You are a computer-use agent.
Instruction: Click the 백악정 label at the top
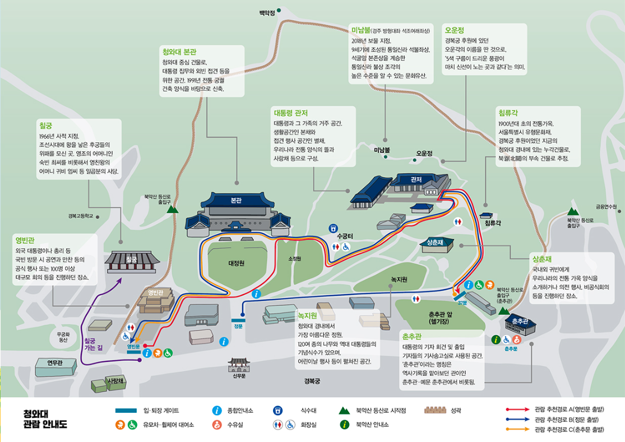point(267,12)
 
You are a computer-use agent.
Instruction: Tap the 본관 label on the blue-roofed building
point(236,201)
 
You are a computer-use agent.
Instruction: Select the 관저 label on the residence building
point(416,179)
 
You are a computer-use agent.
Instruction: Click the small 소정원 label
point(295,258)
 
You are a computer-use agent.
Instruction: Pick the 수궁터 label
point(343,236)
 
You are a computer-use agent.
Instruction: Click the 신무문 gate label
point(239,375)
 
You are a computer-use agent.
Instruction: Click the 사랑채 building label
point(115,381)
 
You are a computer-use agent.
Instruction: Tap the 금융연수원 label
point(606,207)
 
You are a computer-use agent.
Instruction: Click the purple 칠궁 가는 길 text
point(94,343)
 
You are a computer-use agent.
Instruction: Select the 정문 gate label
point(238,326)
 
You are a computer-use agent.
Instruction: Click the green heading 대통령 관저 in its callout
point(290,112)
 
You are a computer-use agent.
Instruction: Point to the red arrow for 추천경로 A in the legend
point(517,410)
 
